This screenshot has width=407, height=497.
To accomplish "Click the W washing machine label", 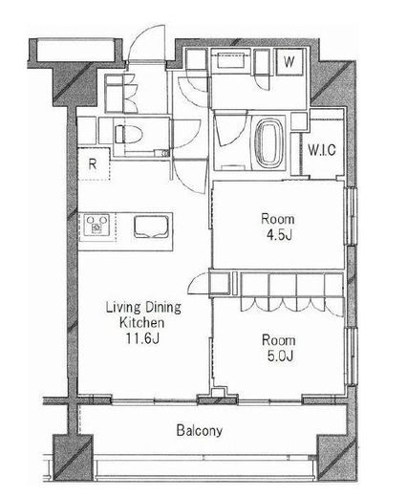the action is pos(289,62).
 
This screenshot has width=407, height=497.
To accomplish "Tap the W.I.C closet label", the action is pos(322,149).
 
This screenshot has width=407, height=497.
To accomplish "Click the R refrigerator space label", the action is pos(93,164).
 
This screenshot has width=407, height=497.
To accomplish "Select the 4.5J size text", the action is pos(279,235).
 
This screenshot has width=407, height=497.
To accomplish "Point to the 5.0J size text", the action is pos(280,356).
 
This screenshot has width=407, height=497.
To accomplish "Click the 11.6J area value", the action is pos(142,338).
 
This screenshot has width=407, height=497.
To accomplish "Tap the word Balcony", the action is pos(200,430).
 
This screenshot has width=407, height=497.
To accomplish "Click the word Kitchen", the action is pos(142,323).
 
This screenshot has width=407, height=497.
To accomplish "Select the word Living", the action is pos(123,308).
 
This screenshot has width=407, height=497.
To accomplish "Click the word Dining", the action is pos(163,308).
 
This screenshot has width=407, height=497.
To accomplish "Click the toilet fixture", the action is pos(129,134).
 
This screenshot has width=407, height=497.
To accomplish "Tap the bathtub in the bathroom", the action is pos(271,143).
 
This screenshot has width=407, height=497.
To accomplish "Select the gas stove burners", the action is pos(96,225).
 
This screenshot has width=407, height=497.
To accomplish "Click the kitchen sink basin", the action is pos(151,227).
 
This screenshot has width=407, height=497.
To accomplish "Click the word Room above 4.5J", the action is pos(278,219).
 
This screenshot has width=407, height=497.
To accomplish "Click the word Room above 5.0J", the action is pos(279,340).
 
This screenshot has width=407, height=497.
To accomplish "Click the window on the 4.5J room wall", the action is pos(351,216).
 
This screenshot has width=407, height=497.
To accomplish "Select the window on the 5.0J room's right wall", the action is pos(352,356).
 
